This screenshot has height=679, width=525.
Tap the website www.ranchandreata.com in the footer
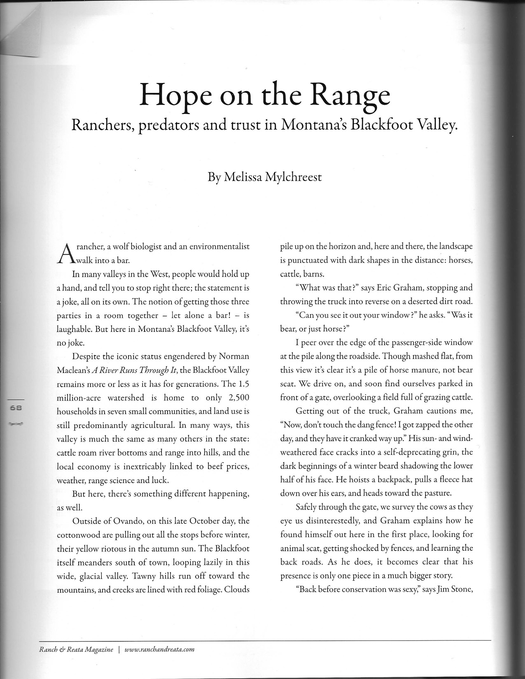[x=159, y=650]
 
